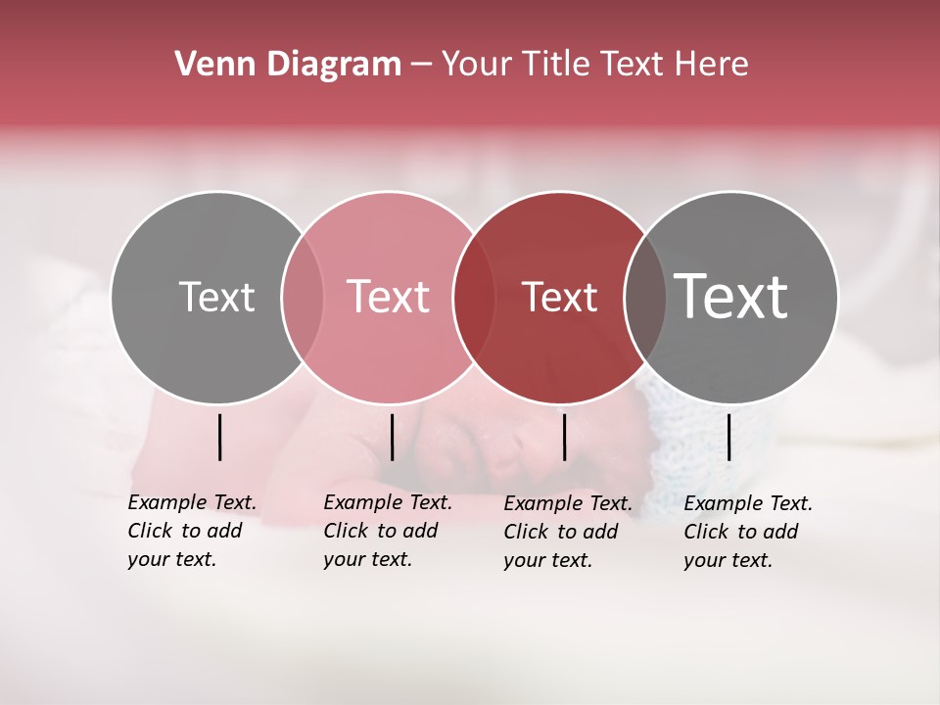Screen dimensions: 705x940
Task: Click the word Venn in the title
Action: [209, 65]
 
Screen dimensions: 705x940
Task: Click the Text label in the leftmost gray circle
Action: [216, 297]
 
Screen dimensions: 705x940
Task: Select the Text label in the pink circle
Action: [388, 297]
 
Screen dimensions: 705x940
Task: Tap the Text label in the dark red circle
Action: [559, 297]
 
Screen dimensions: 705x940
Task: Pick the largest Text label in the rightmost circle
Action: [730, 296]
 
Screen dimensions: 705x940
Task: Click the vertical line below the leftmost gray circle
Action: [219, 437]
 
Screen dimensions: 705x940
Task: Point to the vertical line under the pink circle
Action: [392, 437]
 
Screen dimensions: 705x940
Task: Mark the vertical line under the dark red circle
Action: [564, 437]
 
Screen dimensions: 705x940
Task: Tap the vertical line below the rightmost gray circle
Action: [728, 437]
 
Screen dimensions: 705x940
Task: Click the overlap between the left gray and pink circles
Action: [303, 298]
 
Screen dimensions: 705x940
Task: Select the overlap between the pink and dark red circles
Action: [474, 298]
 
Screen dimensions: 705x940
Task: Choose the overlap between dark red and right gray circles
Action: [644, 298]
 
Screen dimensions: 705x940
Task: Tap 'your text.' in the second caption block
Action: [367, 559]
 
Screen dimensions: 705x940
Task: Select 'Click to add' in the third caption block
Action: [561, 532]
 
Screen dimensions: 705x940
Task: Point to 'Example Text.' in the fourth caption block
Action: [748, 503]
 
